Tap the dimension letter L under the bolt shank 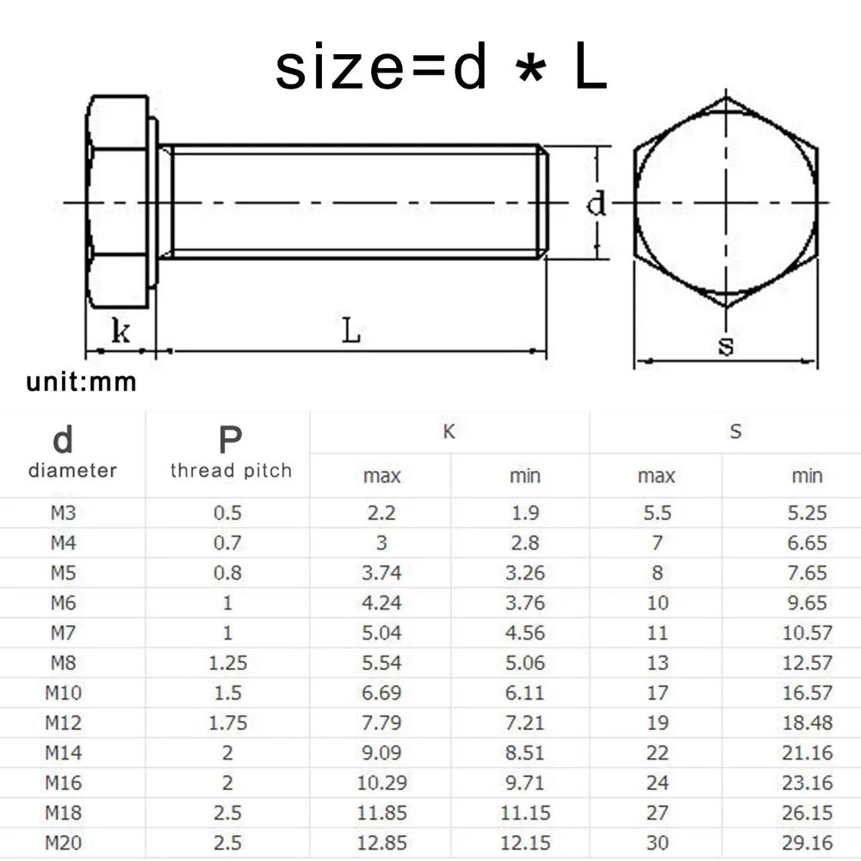(351, 331)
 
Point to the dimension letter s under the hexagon (727, 346)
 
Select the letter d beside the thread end (596, 204)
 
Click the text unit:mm (82, 382)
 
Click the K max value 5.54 (381, 663)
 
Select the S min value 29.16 (807, 843)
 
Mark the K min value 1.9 (524, 513)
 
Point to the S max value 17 (657, 693)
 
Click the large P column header (230, 440)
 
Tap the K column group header (449, 432)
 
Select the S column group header (734, 432)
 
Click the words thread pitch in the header (231, 471)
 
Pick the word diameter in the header (72, 471)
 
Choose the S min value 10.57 (807, 633)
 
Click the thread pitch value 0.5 (227, 513)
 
